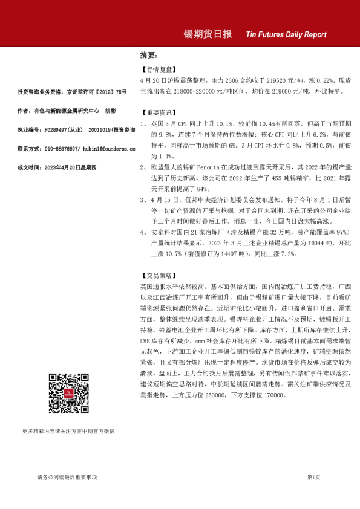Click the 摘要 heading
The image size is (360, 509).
(148, 55)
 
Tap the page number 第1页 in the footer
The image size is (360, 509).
(313, 478)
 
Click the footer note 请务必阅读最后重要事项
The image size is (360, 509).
(67, 478)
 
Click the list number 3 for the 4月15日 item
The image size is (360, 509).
(142, 198)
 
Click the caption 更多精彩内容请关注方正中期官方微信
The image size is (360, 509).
(68, 431)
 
